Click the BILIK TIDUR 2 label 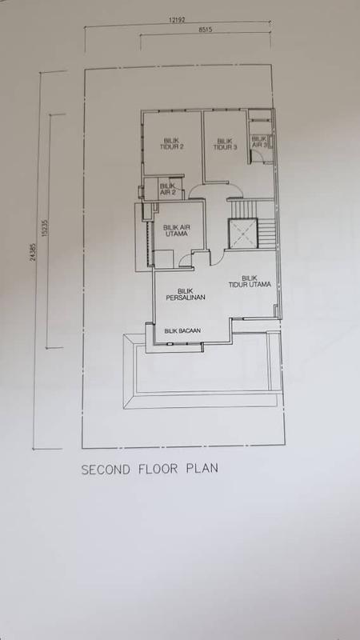click(x=170, y=144)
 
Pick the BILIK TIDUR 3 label click(x=226, y=144)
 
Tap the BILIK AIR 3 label click(x=259, y=142)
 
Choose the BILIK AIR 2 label click(x=168, y=190)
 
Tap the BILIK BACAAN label click(x=181, y=330)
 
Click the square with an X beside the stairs click(x=242, y=232)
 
